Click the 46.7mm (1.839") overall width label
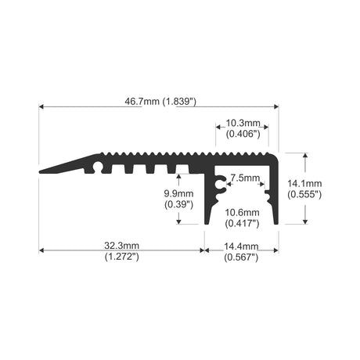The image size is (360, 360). pos(160,101)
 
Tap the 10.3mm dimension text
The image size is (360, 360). pos(243,123)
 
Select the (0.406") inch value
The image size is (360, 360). pos(243,134)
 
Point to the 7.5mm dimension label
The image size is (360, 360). pos(245,178)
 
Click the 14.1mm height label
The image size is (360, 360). pos(304,183)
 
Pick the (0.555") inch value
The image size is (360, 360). pos(304,194)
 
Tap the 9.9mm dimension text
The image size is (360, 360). pos(178,193)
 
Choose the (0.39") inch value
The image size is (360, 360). pos(178,204)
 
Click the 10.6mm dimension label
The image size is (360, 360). pos(242,212)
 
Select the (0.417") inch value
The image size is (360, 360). pos(242,224)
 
